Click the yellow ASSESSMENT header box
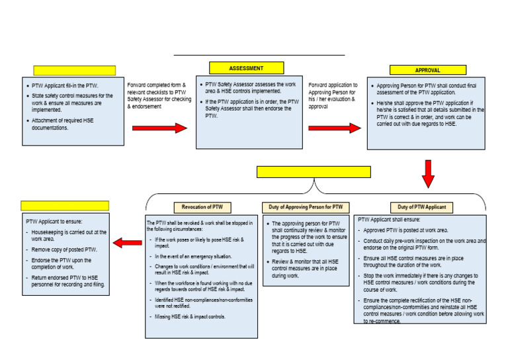tap(246, 67)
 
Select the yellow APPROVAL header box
tap(427, 70)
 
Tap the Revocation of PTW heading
tap(202, 207)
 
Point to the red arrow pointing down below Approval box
tap(428, 173)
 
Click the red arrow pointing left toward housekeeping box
tap(128, 244)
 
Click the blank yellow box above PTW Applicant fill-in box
tap(74, 70)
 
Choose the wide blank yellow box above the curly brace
tap(314, 172)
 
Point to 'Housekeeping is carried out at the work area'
tap(66, 236)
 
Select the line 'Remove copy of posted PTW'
tap(64, 250)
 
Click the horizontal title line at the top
tap(259, 56)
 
